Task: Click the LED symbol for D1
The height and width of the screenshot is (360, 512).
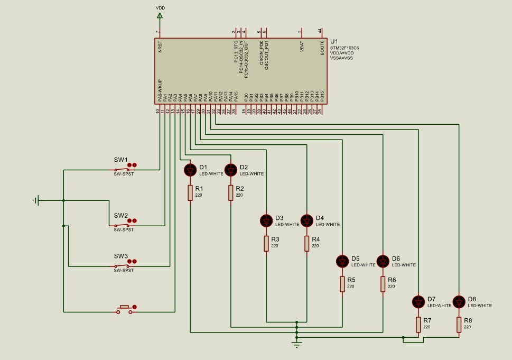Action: click(x=190, y=170)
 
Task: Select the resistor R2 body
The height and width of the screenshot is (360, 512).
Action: click(x=231, y=193)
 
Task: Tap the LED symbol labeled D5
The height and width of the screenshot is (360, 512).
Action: click(x=342, y=261)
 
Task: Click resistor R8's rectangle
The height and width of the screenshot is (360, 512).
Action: click(x=459, y=325)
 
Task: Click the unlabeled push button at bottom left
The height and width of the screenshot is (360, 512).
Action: click(x=125, y=309)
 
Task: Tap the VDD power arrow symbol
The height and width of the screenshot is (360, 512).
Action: click(x=160, y=16)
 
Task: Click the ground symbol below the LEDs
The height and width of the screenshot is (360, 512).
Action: click(x=297, y=344)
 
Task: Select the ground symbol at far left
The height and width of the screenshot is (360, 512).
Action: click(x=36, y=200)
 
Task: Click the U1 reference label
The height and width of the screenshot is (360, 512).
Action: click(x=333, y=41)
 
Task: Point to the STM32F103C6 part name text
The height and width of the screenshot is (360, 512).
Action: click(x=344, y=48)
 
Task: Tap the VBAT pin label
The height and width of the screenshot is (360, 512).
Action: click(x=302, y=47)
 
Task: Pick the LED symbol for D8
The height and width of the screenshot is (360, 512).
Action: click(x=459, y=301)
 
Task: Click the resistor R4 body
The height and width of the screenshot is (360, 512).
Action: click(x=307, y=243)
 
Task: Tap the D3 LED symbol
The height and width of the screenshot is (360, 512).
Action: click(x=266, y=220)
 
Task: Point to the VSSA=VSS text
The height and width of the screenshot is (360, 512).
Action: click(x=341, y=58)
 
